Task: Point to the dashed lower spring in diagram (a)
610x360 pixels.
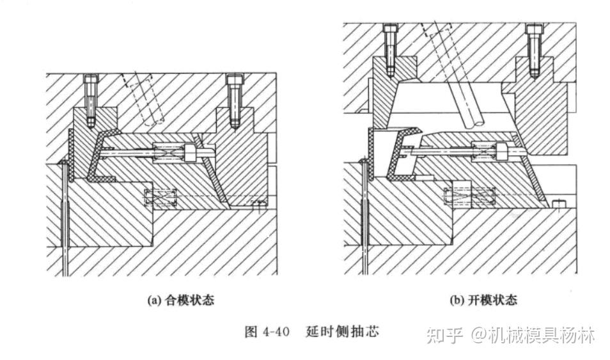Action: click(159, 198)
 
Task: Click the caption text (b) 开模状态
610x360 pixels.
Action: click(484, 300)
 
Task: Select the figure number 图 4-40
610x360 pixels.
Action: click(267, 333)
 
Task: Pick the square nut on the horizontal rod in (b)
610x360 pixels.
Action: click(501, 151)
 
